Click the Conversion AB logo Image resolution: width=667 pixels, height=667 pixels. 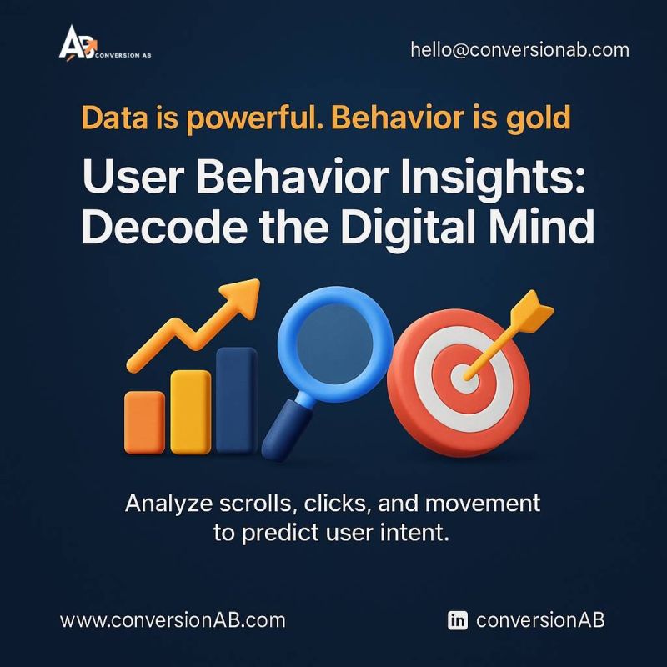105,43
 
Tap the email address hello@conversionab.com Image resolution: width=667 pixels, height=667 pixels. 519,50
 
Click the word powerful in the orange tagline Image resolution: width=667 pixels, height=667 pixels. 252,118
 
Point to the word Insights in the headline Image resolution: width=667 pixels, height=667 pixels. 493,178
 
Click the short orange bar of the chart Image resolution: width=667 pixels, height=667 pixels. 144,423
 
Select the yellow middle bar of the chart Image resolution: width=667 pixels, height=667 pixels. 191,412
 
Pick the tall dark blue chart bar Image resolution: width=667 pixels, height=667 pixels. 237,400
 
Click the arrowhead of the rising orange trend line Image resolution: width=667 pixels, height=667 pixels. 242,298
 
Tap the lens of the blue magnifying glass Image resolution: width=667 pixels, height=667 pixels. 335,344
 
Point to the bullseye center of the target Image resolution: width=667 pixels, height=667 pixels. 464,379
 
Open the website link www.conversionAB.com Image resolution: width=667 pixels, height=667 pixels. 173,620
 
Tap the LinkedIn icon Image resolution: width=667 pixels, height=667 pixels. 457,620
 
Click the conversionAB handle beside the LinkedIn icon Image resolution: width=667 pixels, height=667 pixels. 540,620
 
